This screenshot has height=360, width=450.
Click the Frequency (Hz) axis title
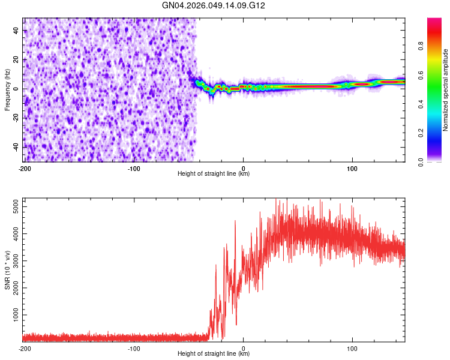[7, 89]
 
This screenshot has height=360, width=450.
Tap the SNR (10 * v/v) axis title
[7, 269]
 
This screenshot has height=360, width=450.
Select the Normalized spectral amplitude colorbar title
[446, 90]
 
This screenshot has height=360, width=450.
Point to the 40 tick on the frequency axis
[17, 31]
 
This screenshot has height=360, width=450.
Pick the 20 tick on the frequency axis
[17, 60]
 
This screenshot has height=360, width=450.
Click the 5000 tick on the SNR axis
[13, 206]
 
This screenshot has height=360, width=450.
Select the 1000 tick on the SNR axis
[13, 314]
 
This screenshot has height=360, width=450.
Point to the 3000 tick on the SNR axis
[13, 260]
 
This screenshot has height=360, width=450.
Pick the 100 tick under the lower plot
[352, 349]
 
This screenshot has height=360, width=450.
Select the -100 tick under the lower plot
[133, 349]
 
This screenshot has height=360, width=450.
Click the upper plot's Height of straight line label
[214, 174]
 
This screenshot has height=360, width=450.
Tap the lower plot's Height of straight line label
[214, 354]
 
